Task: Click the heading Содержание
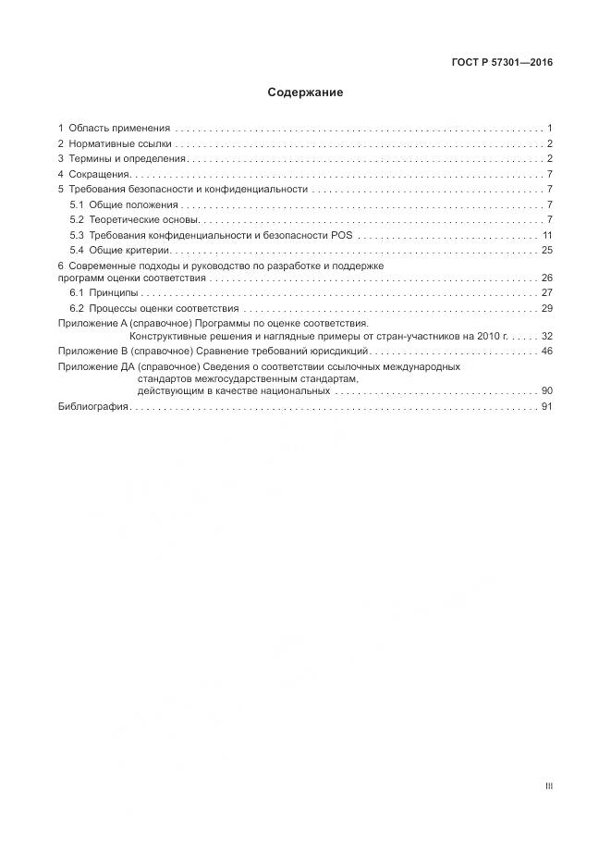pyautogui.click(x=305, y=93)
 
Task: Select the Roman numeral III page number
pyautogui.click(x=548, y=786)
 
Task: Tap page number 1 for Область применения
pyautogui.click(x=550, y=128)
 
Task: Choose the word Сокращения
pyautogui.click(x=100, y=174)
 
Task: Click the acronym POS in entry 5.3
pyautogui.click(x=341, y=235)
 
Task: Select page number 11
pyautogui.click(x=547, y=235)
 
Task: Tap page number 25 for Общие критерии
pyautogui.click(x=546, y=250)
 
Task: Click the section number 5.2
pyautogui.click(x=78, y=219)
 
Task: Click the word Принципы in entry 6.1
pyautogui.click(x=114, y=292)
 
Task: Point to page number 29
pyautogui.click(x=546, y=308)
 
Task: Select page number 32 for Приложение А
pyautogui.click(x=546, y=337)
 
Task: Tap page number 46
pyautogui.click(x=546, y=352)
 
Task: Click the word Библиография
pyautogui.click(x=92, y=407)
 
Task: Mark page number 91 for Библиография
pyautogui.click(x=546, y=407)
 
